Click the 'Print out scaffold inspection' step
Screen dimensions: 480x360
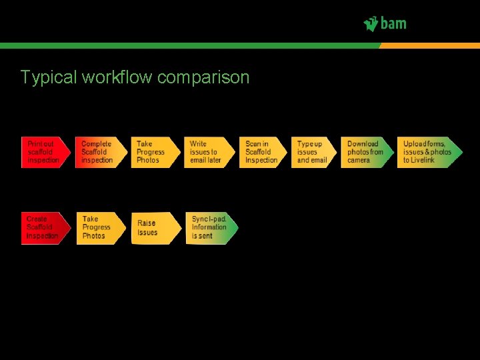pos(45,152)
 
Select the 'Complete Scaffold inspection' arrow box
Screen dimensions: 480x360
pos(99,152)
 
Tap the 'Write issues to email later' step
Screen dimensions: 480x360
pos(209,152)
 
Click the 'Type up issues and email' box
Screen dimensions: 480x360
pos(313,152)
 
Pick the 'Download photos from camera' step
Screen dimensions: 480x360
pos(367,152)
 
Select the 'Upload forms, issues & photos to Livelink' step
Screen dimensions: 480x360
pos(429,152)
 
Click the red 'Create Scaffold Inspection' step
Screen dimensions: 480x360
pos(45,228)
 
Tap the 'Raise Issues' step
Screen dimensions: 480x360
pos(155,228)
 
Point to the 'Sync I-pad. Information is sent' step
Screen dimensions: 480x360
pos(211,228)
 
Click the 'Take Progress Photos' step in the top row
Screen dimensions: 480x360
pos(155,152)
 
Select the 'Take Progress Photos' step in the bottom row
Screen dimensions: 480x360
pos(100,228)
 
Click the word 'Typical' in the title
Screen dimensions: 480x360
pos(49,78)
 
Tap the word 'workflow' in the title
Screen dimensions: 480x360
pos(117,77)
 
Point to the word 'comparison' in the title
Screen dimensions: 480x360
pos(203,78)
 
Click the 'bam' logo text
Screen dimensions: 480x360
pos(393,24)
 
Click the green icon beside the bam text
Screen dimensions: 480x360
pos(371,24)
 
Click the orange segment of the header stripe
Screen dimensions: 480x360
pos(430,45)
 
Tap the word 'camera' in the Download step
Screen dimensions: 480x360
pos(359,161)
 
